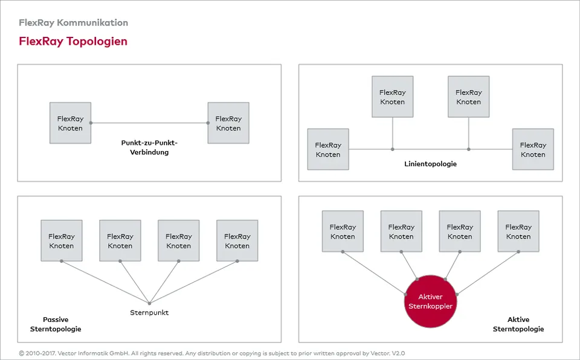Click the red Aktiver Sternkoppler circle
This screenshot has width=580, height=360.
point(430,301)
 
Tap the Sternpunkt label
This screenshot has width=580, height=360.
point(149,313)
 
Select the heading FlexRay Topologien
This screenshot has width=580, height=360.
point(73,41)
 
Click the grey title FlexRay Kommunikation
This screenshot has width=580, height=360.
point(73,22)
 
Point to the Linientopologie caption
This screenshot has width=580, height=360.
point(430,164)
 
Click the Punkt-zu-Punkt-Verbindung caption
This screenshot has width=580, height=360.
point(149,147)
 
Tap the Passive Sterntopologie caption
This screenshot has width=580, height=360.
point(56,324)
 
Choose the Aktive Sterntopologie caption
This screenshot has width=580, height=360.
point(518,324)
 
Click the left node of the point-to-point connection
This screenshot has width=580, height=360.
point(70,123)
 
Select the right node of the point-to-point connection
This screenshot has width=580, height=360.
point(228,123)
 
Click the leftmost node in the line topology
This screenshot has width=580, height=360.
point(328,149)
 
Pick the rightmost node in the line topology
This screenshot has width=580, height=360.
point(533,149)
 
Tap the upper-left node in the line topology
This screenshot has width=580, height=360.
point(393,97)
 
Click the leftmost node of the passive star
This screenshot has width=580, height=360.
point(62,240)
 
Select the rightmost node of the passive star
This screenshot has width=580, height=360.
point(237,240)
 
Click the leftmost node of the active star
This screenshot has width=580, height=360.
point(343,231)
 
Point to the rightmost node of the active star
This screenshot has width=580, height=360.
point(518,231)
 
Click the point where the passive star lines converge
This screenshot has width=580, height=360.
point(149,303)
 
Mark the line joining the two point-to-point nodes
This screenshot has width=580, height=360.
point(149,123)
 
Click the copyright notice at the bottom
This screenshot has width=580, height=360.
point(211,353)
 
